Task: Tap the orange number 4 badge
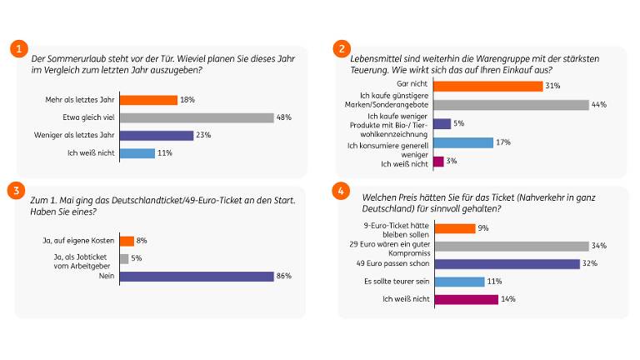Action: coord(340,190)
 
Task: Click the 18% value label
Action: coord(187,100)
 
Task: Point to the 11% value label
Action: coord(165,152)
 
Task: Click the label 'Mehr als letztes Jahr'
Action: coord(91,100)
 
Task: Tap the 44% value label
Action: coord(598,105)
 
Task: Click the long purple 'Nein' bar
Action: coord(196,277)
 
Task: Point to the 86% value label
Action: coord(283,277)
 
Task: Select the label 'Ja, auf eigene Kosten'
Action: coord(83,241)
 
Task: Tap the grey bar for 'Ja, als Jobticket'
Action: coord(124,258)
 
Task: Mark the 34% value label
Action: coord(598,246)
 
